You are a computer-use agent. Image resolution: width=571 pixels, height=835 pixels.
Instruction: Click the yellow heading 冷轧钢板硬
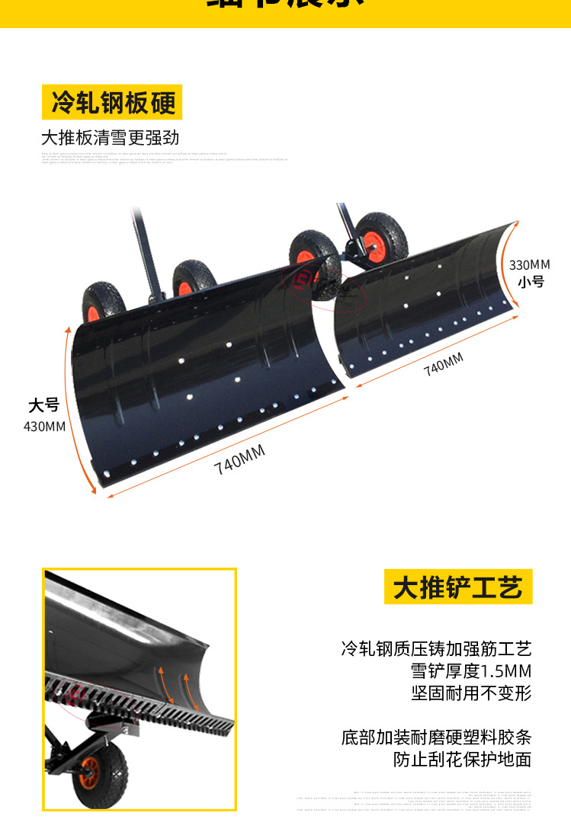pyautogui.click(x=112, y=102)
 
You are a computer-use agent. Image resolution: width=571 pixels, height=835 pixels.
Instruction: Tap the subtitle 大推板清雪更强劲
pyautogui.click(x=110, y=138)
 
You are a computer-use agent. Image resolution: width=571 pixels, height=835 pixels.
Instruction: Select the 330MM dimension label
pyautogui.click(x=529, y=265)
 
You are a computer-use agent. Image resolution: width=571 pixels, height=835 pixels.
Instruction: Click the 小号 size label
pyautogui.click(x=531, y=282)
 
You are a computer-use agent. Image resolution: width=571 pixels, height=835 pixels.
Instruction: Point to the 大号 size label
pyautogui.click(x=43, y=405)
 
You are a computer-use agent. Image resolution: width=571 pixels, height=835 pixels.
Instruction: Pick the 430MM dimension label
pyautogui.click(x=44, y=426)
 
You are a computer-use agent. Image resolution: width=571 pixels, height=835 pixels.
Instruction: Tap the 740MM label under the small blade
pyautogui.click(x=444, y=364)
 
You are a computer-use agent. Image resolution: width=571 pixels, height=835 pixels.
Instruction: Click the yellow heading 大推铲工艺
pyautogui.click(x=457, y=587)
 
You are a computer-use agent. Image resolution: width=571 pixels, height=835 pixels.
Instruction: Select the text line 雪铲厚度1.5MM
pyautogui.click(x=470, y=671)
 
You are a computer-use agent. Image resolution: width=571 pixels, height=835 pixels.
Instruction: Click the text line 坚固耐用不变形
pyautogui.click(x=470, y=693)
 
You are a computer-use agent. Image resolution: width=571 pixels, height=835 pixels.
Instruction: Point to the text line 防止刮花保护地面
pyautogui.click(x=462, y=760)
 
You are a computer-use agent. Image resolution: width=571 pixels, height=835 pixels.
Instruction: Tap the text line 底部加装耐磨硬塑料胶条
pyautogui.click(x=436, y=737)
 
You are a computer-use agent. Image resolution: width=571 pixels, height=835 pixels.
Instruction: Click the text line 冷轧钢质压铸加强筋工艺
pyautogui.click(x=436, y=649)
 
